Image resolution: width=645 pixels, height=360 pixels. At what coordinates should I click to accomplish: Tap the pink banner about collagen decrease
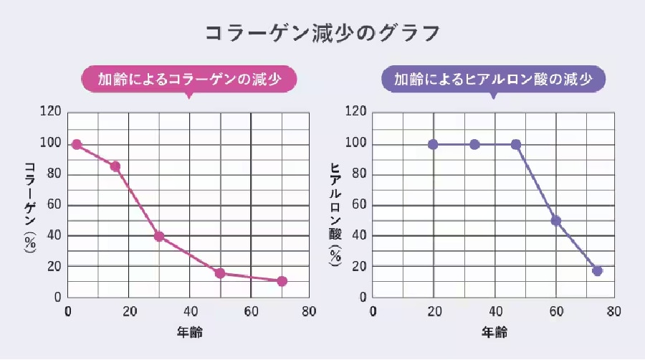click(x=188, y=80)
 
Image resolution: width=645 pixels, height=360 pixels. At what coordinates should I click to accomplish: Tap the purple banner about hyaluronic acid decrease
click(x=493, y=80)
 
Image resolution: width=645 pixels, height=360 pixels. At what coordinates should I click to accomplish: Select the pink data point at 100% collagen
click(x=77, y=144)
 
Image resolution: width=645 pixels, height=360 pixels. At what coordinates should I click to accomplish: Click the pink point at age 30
click(x=159, y=236)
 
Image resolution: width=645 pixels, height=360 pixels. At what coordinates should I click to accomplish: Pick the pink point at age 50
click(x=220, y=273)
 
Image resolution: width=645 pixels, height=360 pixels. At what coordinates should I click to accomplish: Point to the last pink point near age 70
click(x=282, y=281)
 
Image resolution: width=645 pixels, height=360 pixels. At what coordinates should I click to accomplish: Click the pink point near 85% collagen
click(x=115, y=166)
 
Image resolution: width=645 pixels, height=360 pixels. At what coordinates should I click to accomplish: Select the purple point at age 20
click(x=433, y=144)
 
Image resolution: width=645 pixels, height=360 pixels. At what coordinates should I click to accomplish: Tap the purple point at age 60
click(x=555, y=221)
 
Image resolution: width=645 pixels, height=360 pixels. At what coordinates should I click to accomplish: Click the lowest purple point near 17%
click(x=597, y=271)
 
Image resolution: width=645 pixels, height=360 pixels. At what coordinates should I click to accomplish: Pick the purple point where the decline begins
click(x=515, y=144)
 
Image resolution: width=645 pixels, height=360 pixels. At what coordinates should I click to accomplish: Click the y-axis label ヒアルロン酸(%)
click(x=334, y=214)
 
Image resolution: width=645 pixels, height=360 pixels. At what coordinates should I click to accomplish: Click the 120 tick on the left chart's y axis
click(x=51, y=112)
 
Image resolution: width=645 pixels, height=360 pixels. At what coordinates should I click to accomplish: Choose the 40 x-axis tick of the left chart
click(x=189, y=312)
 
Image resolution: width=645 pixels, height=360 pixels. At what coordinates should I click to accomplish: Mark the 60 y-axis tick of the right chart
click(x=358, y=205)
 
